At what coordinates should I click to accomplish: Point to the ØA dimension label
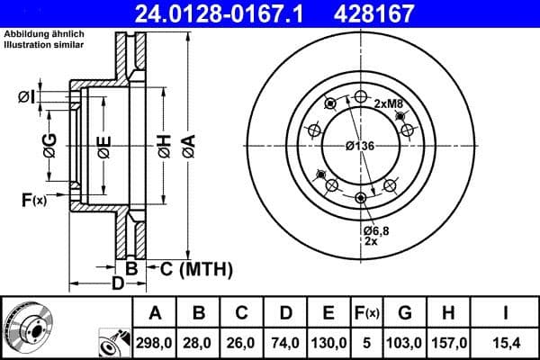188,145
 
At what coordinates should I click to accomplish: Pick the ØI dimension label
26,96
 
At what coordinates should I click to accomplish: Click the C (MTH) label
195,268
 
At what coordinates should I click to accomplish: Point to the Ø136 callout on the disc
361,146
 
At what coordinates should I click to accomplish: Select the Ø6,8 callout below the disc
375,230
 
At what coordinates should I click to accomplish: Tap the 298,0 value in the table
155,343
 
